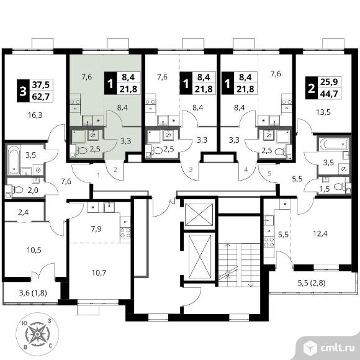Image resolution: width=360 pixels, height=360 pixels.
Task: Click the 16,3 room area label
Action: pos(35,115)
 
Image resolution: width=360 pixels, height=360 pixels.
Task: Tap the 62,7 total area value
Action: pos(41,97)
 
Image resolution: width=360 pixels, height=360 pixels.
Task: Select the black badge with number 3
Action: pos(23,91)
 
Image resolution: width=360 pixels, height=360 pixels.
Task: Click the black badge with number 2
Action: pos(312,88)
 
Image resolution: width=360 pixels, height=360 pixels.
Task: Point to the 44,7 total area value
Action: pos(329,94)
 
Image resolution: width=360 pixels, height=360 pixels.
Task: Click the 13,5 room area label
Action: pos(323,112)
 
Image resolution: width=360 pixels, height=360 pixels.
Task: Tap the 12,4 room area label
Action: pos(320,234)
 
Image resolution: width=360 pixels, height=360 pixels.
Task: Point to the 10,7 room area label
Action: pos(99,272)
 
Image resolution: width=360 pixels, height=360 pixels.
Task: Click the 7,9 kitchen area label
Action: pos(96,228)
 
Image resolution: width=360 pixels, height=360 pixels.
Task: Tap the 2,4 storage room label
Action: pos(24,212)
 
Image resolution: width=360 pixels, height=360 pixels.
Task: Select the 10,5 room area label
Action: pos(34,250)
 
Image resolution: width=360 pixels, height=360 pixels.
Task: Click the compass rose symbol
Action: pos(37,334)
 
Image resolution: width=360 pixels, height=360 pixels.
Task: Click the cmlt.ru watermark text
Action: pos(337,348)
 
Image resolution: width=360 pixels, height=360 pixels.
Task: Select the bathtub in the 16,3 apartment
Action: pos(14,160)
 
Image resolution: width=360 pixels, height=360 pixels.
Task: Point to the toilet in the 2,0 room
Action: pos(17,190)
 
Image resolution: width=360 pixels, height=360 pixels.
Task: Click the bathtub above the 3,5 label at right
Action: pos(333,144)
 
